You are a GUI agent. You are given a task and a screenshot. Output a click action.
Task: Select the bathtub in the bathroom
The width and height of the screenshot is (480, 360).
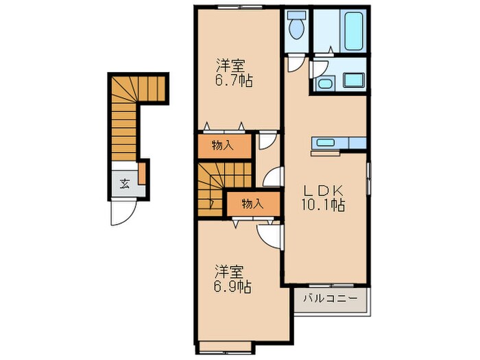pos(355,31)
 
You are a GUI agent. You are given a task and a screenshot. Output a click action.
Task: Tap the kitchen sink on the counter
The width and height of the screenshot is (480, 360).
pos(326,143)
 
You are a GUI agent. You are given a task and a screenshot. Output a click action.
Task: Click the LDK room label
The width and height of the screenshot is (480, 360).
pos(322,191)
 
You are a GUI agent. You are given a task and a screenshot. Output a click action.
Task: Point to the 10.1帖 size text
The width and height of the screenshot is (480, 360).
pos(323,205)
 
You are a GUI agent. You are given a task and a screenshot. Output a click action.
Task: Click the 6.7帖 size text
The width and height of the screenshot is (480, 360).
pos(235,80)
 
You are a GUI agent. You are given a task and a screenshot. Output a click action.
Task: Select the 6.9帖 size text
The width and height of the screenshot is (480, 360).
pos(233,287)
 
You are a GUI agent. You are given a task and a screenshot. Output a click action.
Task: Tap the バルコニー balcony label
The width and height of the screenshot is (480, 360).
pos(331,298)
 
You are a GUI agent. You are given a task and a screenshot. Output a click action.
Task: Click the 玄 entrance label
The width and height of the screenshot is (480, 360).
pos(124,184)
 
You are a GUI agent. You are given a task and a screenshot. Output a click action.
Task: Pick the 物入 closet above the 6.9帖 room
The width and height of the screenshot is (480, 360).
pos(253,204)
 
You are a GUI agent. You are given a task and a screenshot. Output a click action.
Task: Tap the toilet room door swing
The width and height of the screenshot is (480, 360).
pos(295,63)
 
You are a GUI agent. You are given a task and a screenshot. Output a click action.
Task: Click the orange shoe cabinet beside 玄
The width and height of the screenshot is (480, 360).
pos(142,173)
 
